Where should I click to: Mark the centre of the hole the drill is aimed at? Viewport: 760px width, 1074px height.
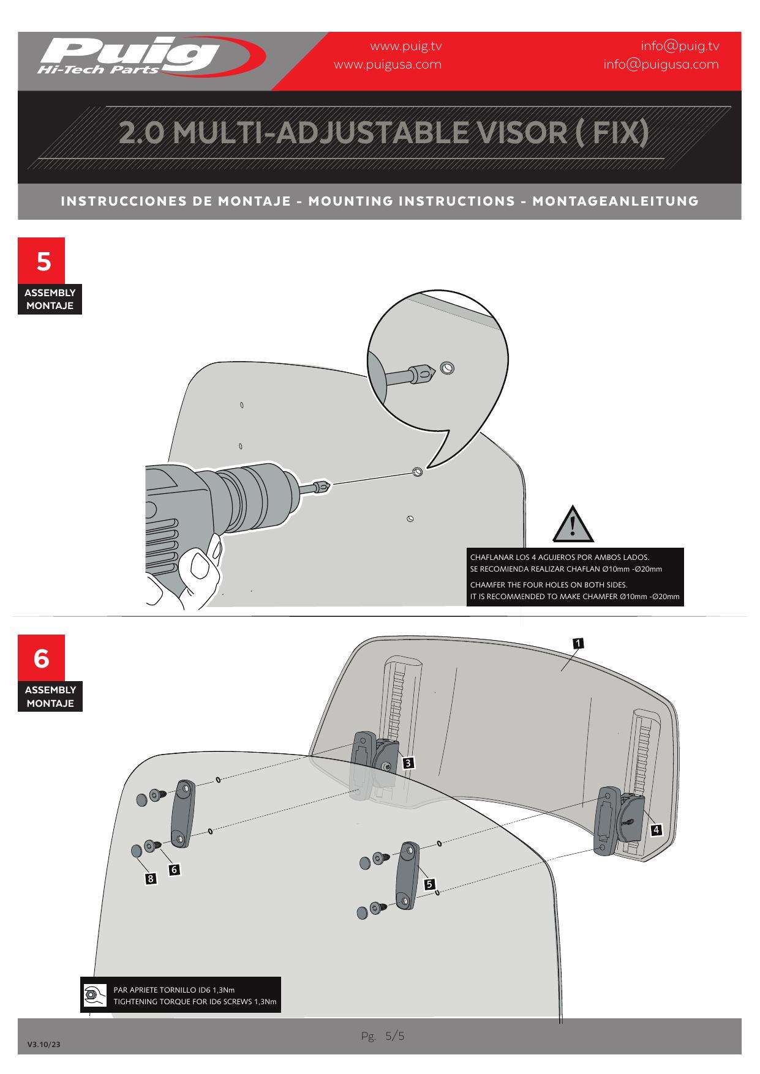coord(418,471)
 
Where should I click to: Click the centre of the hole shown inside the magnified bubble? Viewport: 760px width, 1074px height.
coord(448,368)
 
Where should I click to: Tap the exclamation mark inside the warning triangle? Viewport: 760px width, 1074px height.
coord(573,526)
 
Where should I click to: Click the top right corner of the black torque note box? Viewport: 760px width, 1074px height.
coord(281,977)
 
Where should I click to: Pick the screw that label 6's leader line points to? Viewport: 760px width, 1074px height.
coord(153,846)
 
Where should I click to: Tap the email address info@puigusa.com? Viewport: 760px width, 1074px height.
coord(661,64)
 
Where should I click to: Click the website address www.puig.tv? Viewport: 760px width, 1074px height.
coord(406,46)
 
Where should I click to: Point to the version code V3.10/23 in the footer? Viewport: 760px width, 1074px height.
coord(43,1045)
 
